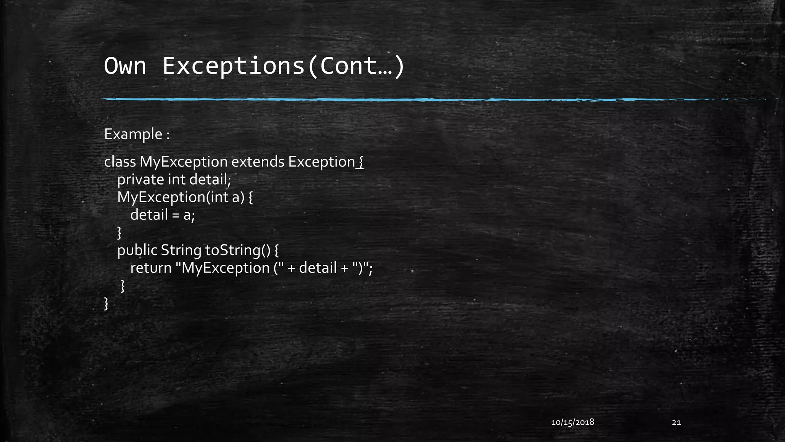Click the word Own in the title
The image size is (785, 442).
[x=125, y=66]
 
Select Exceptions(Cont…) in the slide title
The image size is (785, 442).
[x=283, y=66]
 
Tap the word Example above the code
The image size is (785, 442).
[x=133, y=134]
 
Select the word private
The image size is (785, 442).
[x=140, y=180]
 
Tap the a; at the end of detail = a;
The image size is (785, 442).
[x=189, y=215]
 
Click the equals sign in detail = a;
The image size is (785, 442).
[x=176, y=215]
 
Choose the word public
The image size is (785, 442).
[x=137, y=250]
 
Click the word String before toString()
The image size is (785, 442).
[x=181, y=250]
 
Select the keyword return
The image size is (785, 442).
[x=151, y=268]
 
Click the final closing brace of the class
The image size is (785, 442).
[x=106, y=303]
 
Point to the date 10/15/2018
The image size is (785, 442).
[x=572, y=422]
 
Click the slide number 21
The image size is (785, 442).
[x=676, y=422]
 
